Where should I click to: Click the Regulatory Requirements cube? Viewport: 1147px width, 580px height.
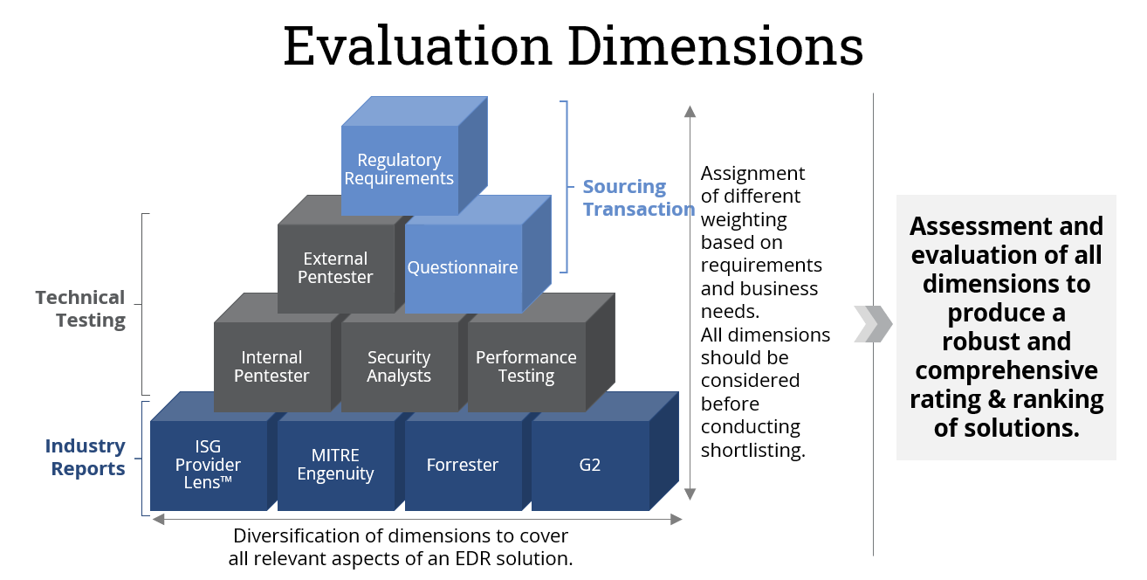point(399,169)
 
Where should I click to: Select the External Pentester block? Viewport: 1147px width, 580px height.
point(336,268)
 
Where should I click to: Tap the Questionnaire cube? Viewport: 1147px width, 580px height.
point(463,268)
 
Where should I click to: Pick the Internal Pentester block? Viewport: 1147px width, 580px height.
point(272,367)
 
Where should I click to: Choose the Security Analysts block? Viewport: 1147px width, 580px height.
point(399,367)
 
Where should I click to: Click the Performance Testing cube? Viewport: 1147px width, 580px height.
point(525,367)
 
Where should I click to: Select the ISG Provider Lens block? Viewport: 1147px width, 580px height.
point(208,465)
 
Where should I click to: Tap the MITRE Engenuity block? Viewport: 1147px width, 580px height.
point(335,465)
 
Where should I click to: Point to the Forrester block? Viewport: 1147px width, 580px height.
point(463,465)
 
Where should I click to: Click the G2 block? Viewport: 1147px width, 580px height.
point(590,465)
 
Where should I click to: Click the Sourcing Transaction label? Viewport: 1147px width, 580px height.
point(638,198)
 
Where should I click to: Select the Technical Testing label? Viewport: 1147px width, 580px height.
point(80,308)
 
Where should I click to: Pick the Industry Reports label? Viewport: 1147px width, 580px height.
point(86,457)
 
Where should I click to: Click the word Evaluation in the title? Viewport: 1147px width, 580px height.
point(417,45)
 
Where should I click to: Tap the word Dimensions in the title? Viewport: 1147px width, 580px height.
point(715,45)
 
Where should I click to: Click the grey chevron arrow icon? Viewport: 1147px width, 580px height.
point(873,324)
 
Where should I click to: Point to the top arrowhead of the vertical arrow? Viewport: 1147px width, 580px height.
point(690,111)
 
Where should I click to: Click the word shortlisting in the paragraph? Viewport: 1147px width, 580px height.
point(752,450)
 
